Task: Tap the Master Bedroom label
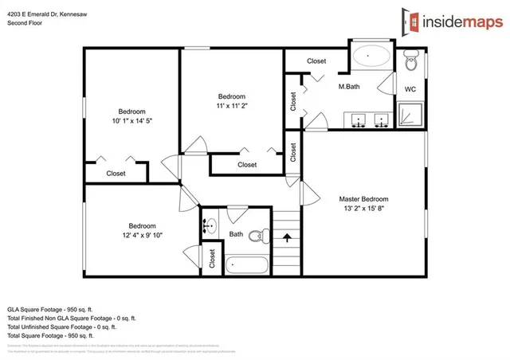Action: (363, 199)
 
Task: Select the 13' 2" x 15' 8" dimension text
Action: (363, 209)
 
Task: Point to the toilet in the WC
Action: (411, 60)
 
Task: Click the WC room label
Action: (410, 89)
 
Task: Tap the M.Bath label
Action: (351, 86)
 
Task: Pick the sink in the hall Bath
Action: (210, 226)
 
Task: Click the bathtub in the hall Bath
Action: (247, 265)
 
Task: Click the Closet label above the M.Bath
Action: (316, 61)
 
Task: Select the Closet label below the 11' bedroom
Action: (247, 165)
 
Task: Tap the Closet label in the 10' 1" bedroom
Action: (116, 173)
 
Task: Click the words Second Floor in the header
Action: (25, 23)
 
